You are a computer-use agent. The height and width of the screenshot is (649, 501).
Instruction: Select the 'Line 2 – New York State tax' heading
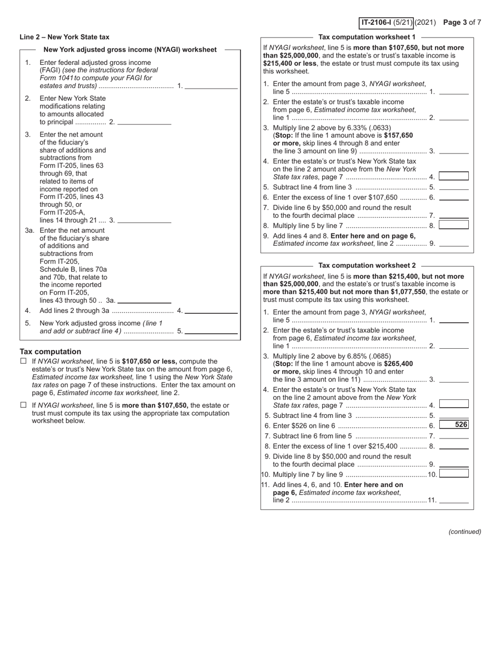(x=64, y=37)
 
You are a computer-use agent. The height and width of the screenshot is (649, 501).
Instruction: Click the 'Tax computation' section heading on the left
(x=50, y=351)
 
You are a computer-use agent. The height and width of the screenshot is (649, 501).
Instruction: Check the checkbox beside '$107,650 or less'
(x=23, y=361)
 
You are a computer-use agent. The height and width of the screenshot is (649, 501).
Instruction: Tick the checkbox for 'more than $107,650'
(x=23, y=405)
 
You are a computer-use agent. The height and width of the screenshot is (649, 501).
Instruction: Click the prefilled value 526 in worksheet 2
(x=454, y=425)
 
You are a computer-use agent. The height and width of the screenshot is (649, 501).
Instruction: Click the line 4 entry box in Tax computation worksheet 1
(x=454, y=176)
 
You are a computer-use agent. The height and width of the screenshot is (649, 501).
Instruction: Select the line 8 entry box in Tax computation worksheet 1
(x=454, y=225)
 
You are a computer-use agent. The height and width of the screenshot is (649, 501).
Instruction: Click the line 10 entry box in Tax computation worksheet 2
(x=454, y=473)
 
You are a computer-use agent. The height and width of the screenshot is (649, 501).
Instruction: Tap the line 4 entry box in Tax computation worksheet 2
(x=454, y=404)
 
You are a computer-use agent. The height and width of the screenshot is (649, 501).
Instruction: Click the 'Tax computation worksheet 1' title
(x=367, y=37)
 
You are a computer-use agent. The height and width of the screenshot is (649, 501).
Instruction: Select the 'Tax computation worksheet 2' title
(x=367, y=265)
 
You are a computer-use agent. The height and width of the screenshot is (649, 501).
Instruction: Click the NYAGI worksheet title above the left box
(x=130, y=50)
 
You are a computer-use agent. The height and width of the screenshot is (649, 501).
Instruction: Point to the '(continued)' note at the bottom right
(x=465, y=531)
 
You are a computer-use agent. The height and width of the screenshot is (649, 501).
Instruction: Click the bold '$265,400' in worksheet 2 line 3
(x=399, y=364)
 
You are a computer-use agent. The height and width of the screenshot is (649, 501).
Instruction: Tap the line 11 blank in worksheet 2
(x=454, y=500)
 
